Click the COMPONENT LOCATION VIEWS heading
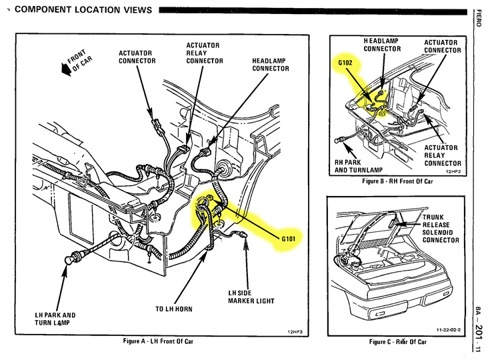(80, 10)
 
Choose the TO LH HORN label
(177, 309)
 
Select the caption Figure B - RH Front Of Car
(397, 181)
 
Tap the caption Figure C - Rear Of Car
(398, 342)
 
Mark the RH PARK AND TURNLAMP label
(360, 166)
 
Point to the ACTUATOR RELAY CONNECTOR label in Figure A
(203, 53)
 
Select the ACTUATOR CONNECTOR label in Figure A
(137, 57)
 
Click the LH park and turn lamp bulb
(68, 260)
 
